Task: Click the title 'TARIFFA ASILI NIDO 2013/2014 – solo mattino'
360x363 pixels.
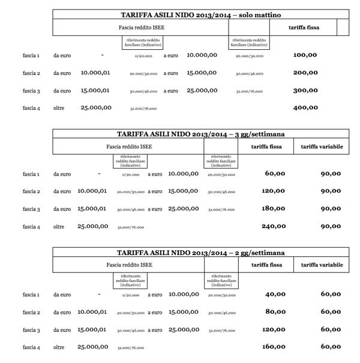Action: (x=200, y=14)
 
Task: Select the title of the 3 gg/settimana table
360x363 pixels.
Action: (x=200, y=134)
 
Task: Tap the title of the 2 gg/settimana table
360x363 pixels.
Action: (x=200, y=253)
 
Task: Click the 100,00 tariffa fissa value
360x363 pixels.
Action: (x=305, y=55)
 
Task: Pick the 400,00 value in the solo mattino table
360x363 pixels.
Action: (x=305, y=108)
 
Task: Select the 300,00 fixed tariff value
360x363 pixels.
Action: (x=305, y=91)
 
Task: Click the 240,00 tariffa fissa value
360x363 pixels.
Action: (x=274, y=227)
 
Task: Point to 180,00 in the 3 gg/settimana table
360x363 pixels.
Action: (x=274, y=209)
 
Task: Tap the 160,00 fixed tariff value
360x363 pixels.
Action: (x=274, y=346)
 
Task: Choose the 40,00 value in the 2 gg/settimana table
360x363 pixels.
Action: (x=275, y=294)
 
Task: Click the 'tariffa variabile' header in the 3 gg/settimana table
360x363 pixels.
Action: (x=322, y=146)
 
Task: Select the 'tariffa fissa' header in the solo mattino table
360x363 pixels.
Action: (x=304, y=28)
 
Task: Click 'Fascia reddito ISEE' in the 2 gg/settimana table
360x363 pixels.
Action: (x=128, y=265)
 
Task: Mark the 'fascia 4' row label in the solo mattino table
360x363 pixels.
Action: (x=31, y=108)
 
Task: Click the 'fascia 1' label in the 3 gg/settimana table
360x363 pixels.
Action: (x=31, y=174)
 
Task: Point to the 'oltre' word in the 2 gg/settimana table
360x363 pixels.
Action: (x=59, y=347)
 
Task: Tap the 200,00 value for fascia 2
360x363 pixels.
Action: (x=305, y=73)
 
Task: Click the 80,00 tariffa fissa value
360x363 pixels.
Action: (x=275, y=311)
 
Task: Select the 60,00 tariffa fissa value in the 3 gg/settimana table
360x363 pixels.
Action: (x=275, y=174)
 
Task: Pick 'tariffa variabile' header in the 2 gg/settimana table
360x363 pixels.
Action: (x=322, y=265)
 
